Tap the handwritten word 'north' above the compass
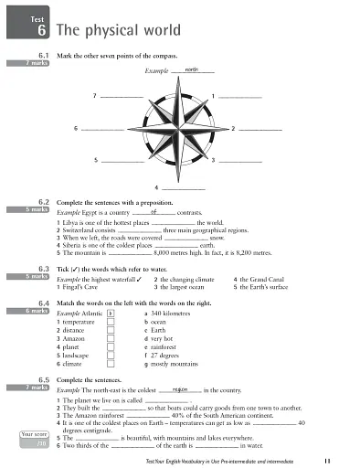click(x=191, y=69)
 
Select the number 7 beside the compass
click(x=94, y=95)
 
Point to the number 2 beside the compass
click(x=233, y=128)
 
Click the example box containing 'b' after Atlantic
click(x=111, y=312)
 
